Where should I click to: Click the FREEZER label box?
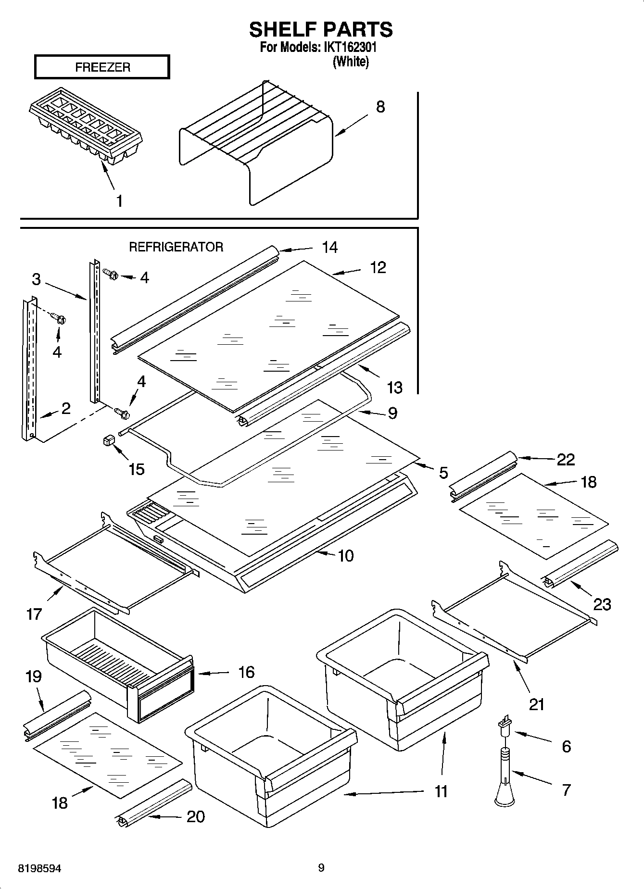tap(102, 67)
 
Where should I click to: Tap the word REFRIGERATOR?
tap(176, 247)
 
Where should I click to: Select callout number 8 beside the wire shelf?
tap(380, 107)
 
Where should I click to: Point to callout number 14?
tap(329, 247)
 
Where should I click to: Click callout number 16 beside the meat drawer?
tap(246, 672)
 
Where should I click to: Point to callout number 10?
tap(346, 555)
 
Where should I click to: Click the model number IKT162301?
tap(349, 48)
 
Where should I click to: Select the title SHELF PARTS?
tap(321, 30)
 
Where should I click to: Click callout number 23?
tap(602, 604)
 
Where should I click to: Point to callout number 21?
tap(536, 704)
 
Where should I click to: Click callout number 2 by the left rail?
tap(66, 408)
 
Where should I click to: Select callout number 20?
tap(195, 816)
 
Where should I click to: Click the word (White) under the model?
tap(351, 62)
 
